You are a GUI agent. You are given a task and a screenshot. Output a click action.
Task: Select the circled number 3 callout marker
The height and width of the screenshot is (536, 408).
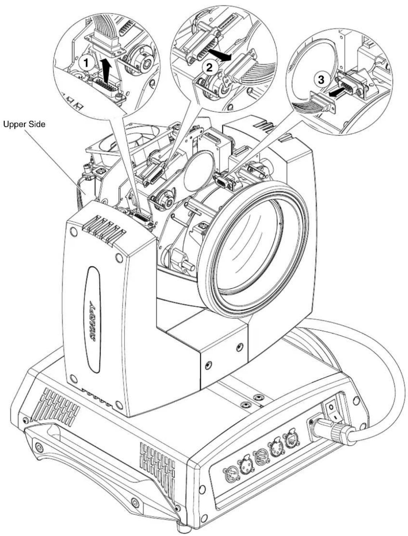tap(321, 80)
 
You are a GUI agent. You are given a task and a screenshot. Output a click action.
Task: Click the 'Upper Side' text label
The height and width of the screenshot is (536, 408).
tap(24, 124)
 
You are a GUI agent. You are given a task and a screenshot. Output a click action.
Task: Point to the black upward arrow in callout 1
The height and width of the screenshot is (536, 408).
tap(105, 71)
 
